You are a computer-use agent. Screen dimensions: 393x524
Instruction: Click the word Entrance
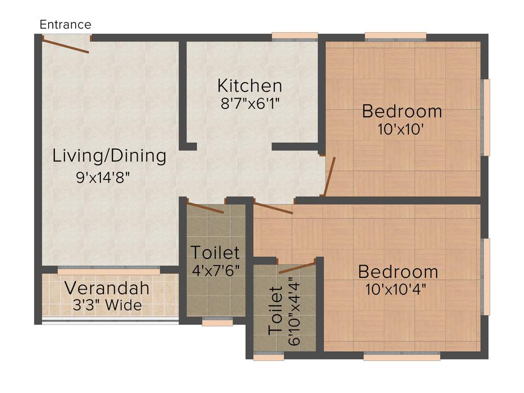click(65, 25)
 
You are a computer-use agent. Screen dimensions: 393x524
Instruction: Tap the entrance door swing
click(66, 45)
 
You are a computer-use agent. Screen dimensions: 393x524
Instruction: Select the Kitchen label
click(249, 85)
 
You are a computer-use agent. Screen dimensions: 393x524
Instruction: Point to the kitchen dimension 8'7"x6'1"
click(249, 103)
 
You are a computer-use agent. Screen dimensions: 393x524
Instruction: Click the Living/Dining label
click(110, 156)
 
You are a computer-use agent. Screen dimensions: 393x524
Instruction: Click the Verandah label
click(107, 288)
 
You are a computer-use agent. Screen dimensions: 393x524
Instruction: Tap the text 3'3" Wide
click(107, 305)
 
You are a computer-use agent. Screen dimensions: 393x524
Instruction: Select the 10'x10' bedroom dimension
click(401, 129)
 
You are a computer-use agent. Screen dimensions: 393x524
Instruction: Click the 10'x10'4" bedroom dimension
click(396, 289)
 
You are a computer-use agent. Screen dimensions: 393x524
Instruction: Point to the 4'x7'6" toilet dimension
click(215, 270)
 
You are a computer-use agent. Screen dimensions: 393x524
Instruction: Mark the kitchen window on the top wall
click(295, 36)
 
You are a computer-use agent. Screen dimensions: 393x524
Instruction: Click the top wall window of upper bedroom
click(396, 36)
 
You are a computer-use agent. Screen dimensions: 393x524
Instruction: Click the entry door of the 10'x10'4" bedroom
click(273, 208)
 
